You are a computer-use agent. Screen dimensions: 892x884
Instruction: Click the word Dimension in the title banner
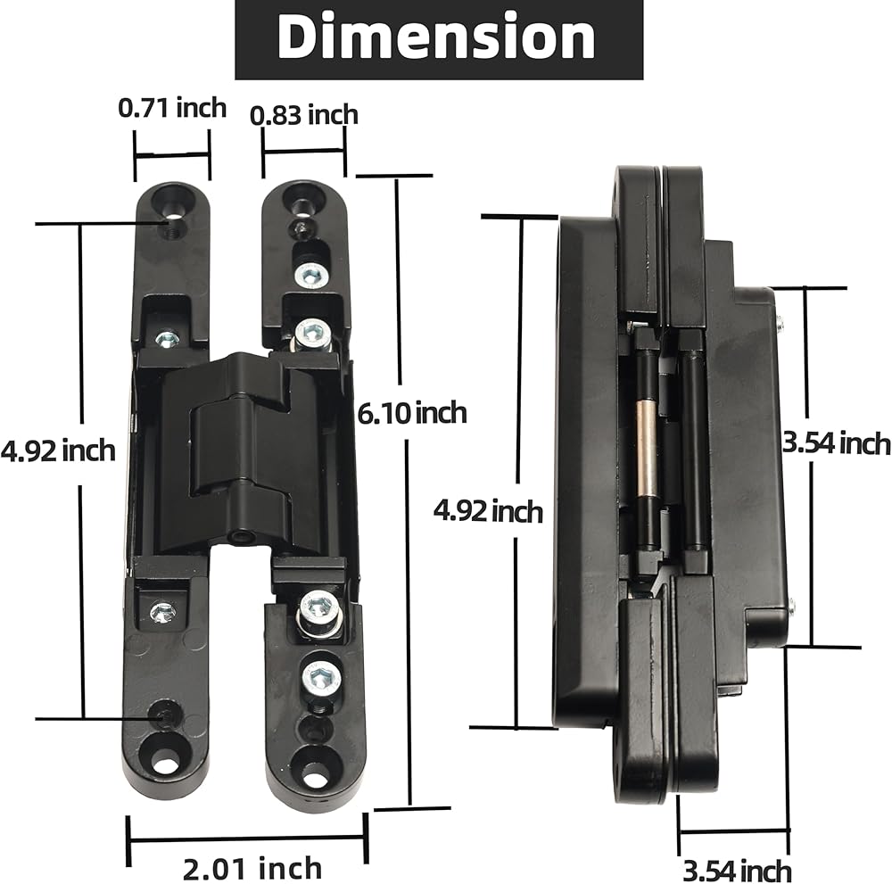click(x=436, y=37)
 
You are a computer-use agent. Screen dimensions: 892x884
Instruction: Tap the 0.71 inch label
click(x=172, y=108)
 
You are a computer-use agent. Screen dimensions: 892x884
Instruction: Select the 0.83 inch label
click(x=304, y=115)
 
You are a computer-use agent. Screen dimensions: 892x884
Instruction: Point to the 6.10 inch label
click(x=412, y=413)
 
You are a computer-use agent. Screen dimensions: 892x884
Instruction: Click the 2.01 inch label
click(x=252, y=869)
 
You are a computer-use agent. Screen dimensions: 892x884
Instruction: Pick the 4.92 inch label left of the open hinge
click(x=58, y=451)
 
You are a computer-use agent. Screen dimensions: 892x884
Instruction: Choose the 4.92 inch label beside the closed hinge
click(x=488, y=511)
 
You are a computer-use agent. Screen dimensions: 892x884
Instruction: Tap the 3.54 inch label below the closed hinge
click(x=737, y=871)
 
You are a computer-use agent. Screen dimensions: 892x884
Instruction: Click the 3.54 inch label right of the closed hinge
click(x=837, y=443)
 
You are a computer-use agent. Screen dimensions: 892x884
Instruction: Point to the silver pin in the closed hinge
click(x=646, y=447)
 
